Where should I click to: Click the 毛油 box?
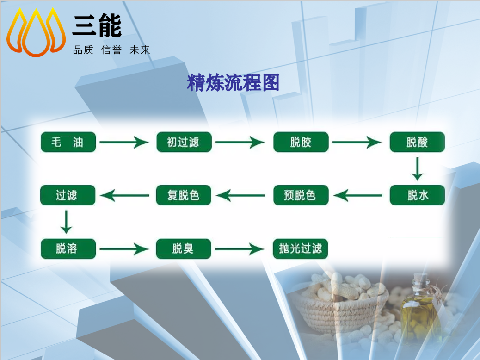point(68,142)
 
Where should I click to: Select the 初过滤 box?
point(184,142)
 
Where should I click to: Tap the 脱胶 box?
point(301,142)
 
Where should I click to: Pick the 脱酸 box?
point(417,142)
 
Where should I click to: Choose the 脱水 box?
point(417,195)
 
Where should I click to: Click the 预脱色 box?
point(301,195)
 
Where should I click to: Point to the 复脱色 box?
point(184,195)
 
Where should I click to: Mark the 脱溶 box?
point(68,249)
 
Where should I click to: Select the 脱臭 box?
point(184,249)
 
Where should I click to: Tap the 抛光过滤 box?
point(300,249)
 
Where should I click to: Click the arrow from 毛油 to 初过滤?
point(124,142)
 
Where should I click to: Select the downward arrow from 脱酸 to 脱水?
point(417,169)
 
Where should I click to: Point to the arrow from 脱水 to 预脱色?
point(358,195)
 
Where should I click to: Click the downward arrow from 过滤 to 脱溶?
point(66,222)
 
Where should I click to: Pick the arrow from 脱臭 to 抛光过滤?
point(240,249)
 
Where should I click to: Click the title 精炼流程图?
point(233,82)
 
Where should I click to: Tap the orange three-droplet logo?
point(36,32)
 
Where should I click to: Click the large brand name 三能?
point(97,26)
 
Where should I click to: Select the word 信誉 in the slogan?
point(111,50)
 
